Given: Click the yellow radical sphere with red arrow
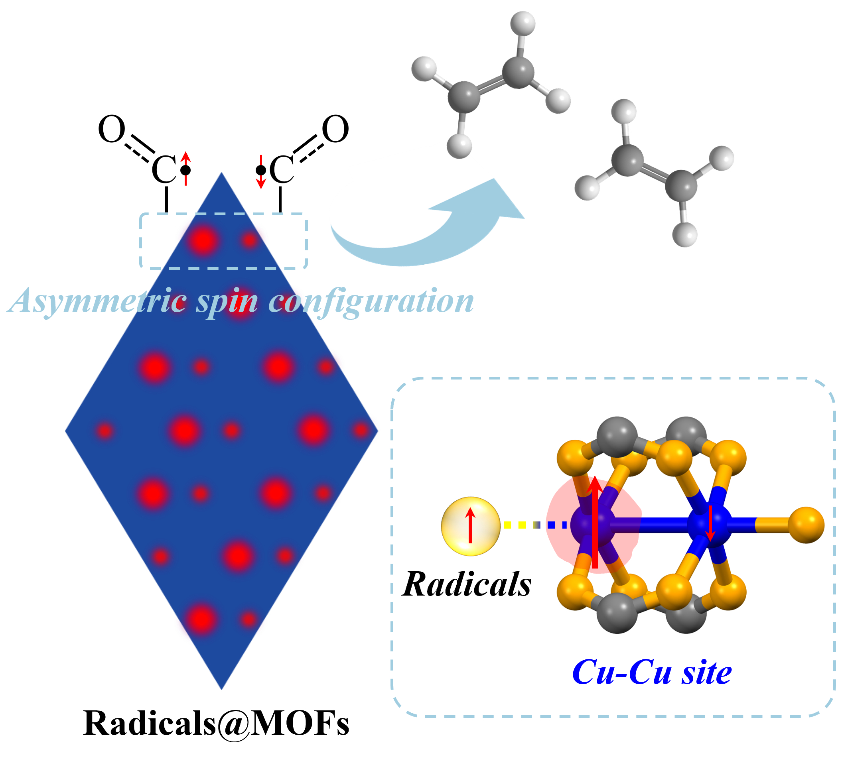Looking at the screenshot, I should tap(471, 526).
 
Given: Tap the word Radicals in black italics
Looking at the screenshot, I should tap(467, 584).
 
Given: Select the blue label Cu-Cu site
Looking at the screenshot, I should tap(652, 673).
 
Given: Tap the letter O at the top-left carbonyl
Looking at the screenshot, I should tap(111, 130).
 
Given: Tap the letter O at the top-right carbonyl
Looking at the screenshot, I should tap(335, 130).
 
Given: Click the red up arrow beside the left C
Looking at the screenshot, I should tap(185, 165).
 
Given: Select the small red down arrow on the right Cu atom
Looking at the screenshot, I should tap(710, 524).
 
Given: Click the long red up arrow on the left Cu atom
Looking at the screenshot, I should tap(595, 522).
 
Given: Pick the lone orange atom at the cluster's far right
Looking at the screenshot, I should tap(807, 525).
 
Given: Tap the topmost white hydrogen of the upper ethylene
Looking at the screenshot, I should tap(523, 23).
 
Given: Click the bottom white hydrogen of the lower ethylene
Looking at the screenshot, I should tap(684, 234).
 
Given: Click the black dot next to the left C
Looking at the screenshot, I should tap(185, 170).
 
